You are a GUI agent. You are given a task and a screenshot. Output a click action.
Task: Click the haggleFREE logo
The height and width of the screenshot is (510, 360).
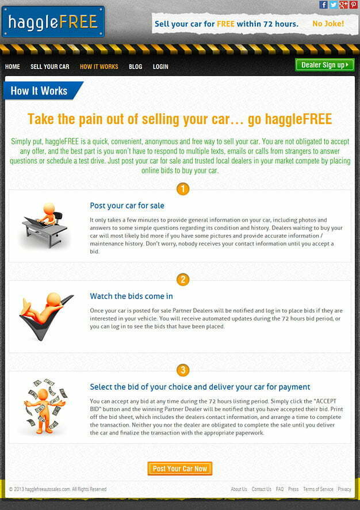point(53,22)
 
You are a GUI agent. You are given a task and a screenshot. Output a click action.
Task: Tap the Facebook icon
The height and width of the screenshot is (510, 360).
point(324,5)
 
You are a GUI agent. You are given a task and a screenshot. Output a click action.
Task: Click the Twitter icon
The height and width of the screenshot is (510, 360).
point(334,5)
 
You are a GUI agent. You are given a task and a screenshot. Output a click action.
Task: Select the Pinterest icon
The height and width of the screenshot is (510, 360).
point(353,5)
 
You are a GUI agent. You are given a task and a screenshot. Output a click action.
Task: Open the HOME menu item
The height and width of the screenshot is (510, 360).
point(13,67)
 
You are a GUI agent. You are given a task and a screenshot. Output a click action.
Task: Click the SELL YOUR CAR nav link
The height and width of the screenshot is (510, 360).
point(49,67)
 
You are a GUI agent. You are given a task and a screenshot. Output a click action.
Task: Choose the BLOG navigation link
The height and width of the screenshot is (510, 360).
point(135,67)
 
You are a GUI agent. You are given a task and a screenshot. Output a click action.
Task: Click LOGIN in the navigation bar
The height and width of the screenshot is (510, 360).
point(160,67)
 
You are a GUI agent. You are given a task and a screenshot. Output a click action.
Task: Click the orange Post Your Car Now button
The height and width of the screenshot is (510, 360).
point(180,469)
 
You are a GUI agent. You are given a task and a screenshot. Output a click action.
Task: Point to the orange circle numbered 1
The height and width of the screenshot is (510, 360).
point(183,189)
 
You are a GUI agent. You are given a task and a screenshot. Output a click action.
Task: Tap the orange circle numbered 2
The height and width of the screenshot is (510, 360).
point(183,280)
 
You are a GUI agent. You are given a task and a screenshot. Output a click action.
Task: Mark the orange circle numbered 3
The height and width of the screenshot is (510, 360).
point(183,370)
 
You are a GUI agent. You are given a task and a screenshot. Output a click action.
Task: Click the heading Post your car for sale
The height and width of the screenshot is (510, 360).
point(127,205)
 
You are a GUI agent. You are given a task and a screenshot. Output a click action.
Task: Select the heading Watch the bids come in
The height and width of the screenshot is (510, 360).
point(131,296)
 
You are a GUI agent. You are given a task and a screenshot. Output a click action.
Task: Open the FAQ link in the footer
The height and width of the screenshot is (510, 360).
point(279,489)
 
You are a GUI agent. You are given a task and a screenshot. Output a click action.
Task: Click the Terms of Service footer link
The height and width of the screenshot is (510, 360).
point(318,489)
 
